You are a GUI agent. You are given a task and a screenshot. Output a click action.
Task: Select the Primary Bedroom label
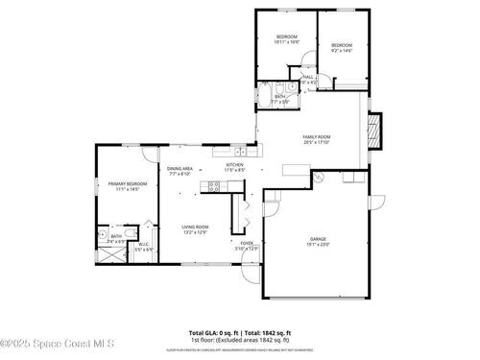point(127,185)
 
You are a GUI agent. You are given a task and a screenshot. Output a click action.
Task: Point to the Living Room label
point(196,228)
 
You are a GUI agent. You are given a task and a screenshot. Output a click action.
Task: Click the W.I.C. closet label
point(142,245)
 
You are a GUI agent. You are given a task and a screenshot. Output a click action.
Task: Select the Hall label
point(309,79)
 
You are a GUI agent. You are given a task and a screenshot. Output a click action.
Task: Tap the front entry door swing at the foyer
point(252,275)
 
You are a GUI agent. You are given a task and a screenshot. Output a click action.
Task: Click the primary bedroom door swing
point(145,155)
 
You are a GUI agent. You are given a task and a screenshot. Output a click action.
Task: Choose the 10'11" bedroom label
point(287,39)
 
